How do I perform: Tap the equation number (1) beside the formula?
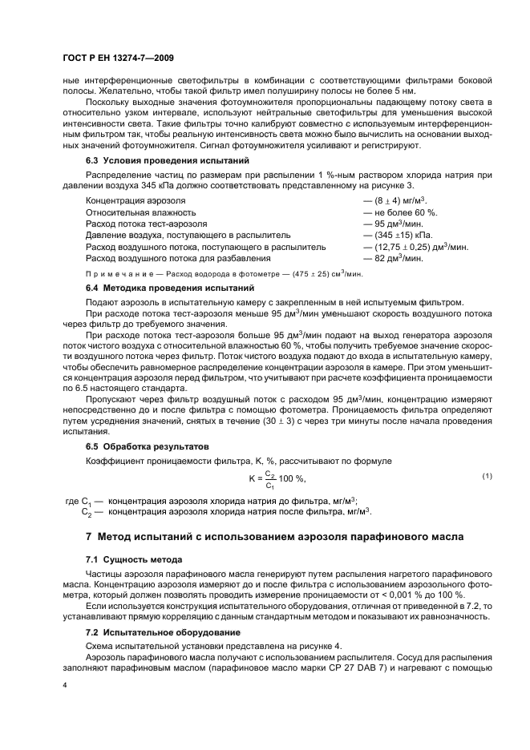click(486, 477)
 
